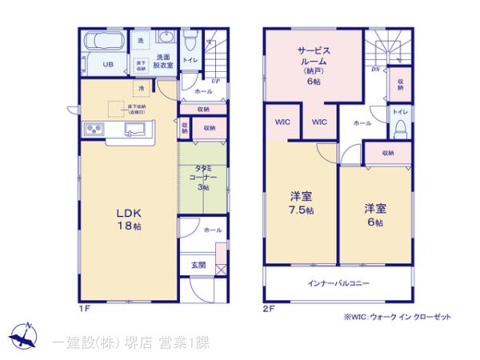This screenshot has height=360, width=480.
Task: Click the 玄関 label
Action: click(x=198, y=265)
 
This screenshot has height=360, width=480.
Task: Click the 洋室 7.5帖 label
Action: click(x=301, y=203)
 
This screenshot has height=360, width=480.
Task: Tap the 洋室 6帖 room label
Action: click(x=374, y=214)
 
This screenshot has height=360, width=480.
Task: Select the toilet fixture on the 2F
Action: click(x=402, y=128)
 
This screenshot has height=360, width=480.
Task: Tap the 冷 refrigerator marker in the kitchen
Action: click(x=141, y=88)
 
